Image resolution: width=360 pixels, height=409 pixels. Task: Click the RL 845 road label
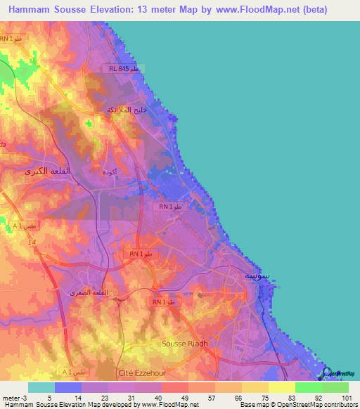127,68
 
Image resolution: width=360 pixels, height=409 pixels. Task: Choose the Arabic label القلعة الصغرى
87,292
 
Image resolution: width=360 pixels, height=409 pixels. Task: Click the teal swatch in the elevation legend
41,387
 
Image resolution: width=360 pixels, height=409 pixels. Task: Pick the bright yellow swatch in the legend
282,387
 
